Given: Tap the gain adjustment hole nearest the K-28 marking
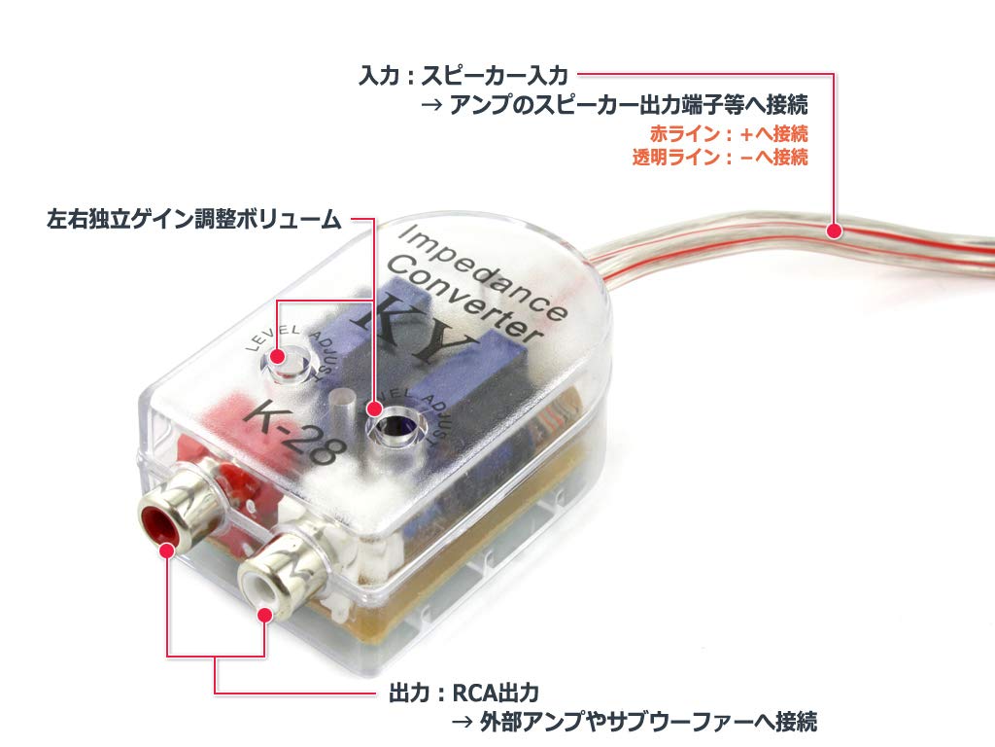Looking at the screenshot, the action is point(287,364).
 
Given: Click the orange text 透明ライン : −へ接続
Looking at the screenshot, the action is point(720,158).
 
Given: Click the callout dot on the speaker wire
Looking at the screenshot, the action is point(833,231).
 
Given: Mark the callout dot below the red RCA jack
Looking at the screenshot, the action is point(167,551).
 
